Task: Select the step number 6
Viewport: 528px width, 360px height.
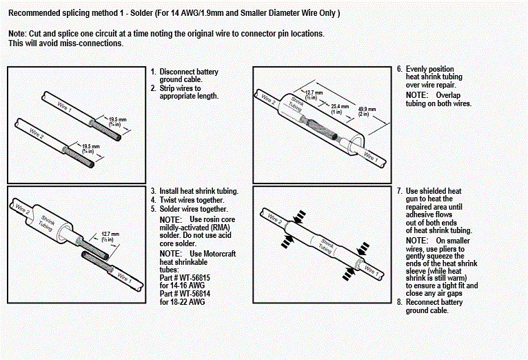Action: click(399, 70)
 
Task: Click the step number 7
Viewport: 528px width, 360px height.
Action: click(399, 190)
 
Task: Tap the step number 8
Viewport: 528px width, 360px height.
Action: click(399, 302)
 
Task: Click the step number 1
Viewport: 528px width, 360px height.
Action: click(153, 72)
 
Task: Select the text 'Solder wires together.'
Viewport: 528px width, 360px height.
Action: click(194, 209)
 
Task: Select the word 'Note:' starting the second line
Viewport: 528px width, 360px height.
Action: click(17, 34)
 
